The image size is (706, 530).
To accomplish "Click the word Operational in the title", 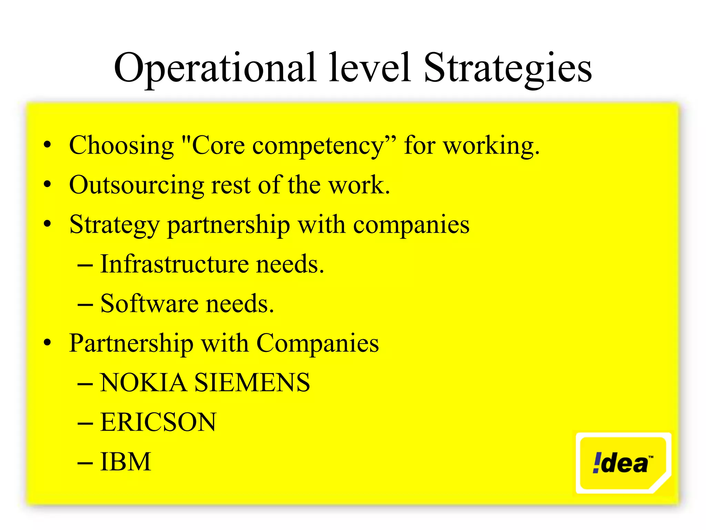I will click(214, 68).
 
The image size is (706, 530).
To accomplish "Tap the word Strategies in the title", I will click(507, 68).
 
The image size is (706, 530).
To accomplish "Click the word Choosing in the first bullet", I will click(121, 146).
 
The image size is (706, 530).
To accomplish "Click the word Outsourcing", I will click(137, 186).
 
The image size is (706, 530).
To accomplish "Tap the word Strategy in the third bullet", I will click(114, 225).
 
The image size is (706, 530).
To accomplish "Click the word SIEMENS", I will click(252, 383).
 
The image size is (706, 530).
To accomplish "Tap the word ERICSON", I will click(158, 422).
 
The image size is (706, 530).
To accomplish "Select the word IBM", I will click(125, 462).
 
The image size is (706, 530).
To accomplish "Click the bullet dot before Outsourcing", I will click(47, 184).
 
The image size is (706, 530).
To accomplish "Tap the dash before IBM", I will click(85, 463).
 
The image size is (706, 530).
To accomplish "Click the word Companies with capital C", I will click(317, 344).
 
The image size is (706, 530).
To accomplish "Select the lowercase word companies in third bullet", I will click(411, 225).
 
